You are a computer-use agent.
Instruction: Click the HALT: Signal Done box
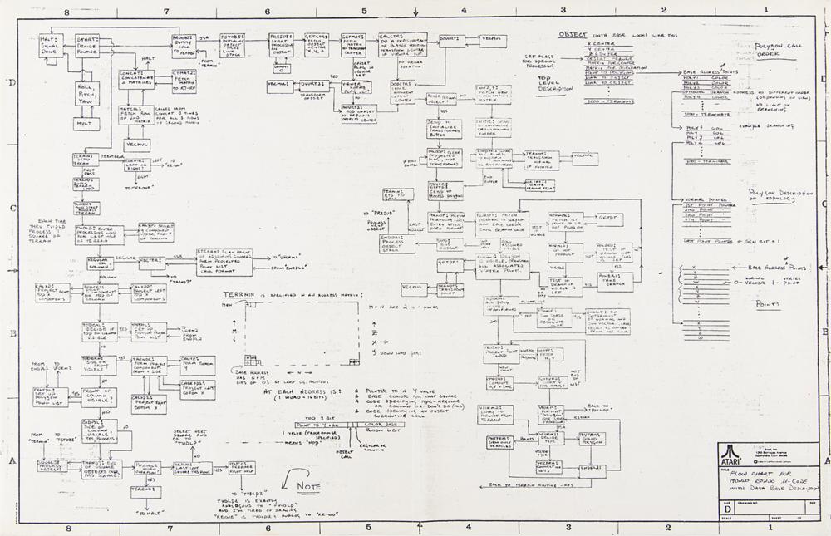tap(47, 46)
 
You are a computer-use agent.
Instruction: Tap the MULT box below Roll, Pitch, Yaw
tap(85, 123)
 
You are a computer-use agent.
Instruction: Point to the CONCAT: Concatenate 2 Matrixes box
tap(136, 80)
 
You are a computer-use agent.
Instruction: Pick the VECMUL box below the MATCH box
tap(136, 145)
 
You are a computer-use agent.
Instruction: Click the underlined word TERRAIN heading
tap(242, 294)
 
